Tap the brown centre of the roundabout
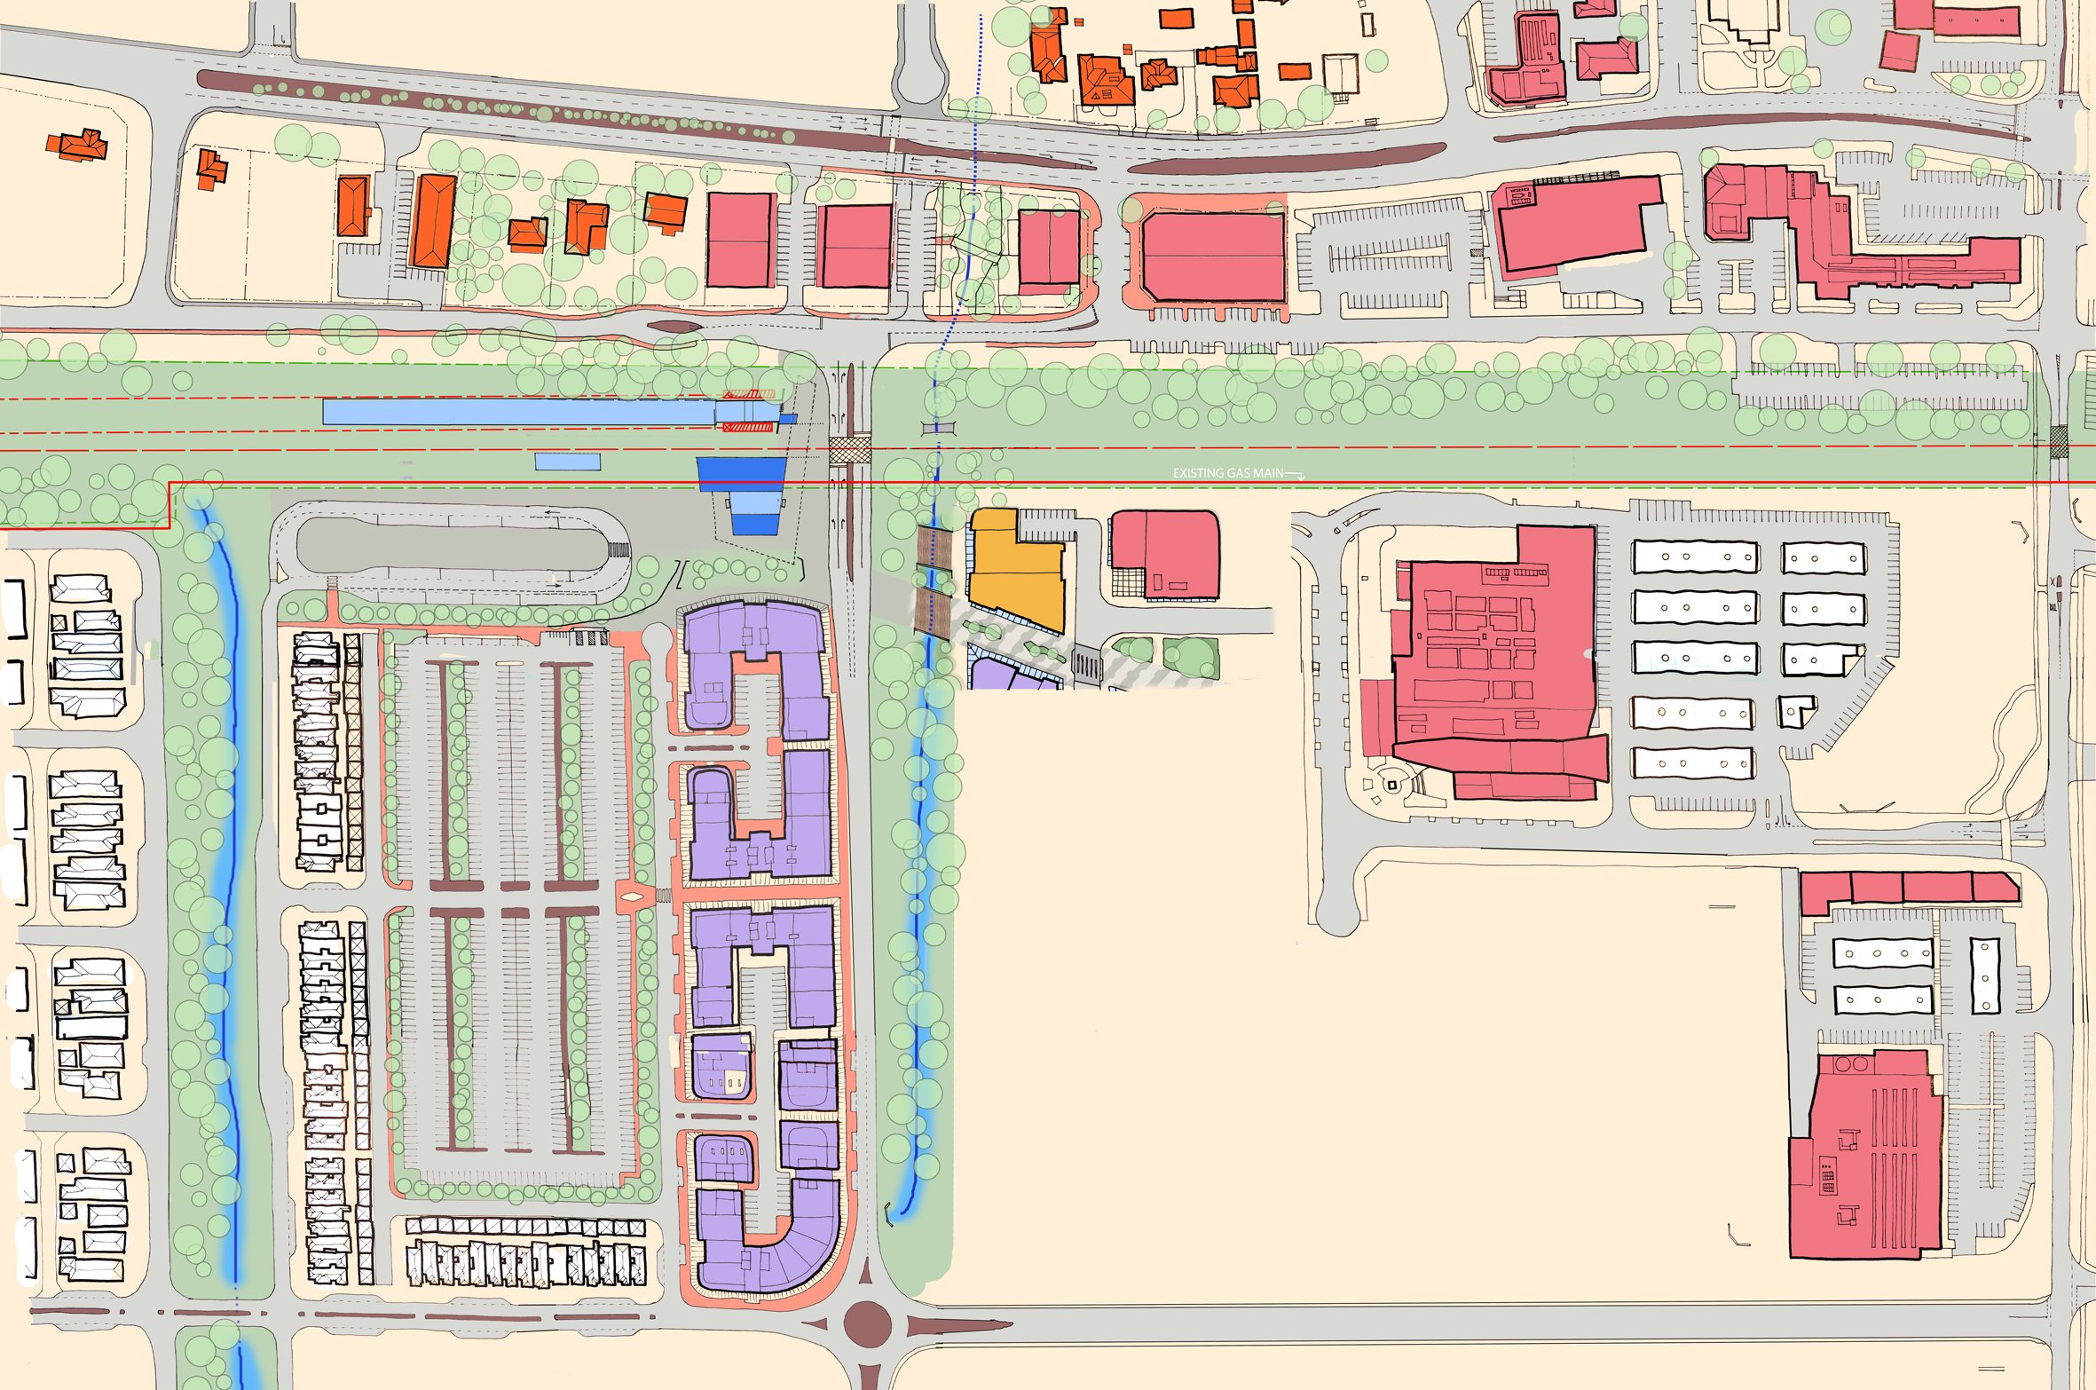[867, 1324]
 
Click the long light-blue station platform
[519, 412]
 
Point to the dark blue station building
[741, 475]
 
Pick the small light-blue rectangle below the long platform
[568, 462]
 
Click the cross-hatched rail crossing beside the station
[850, 449]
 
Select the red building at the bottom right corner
[1864, 1154]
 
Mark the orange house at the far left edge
[77, 146]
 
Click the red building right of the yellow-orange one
[1164, 555]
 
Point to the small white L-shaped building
[1795, 711]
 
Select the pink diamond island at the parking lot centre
[632, 896]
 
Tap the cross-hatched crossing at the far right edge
[2059, 441]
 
